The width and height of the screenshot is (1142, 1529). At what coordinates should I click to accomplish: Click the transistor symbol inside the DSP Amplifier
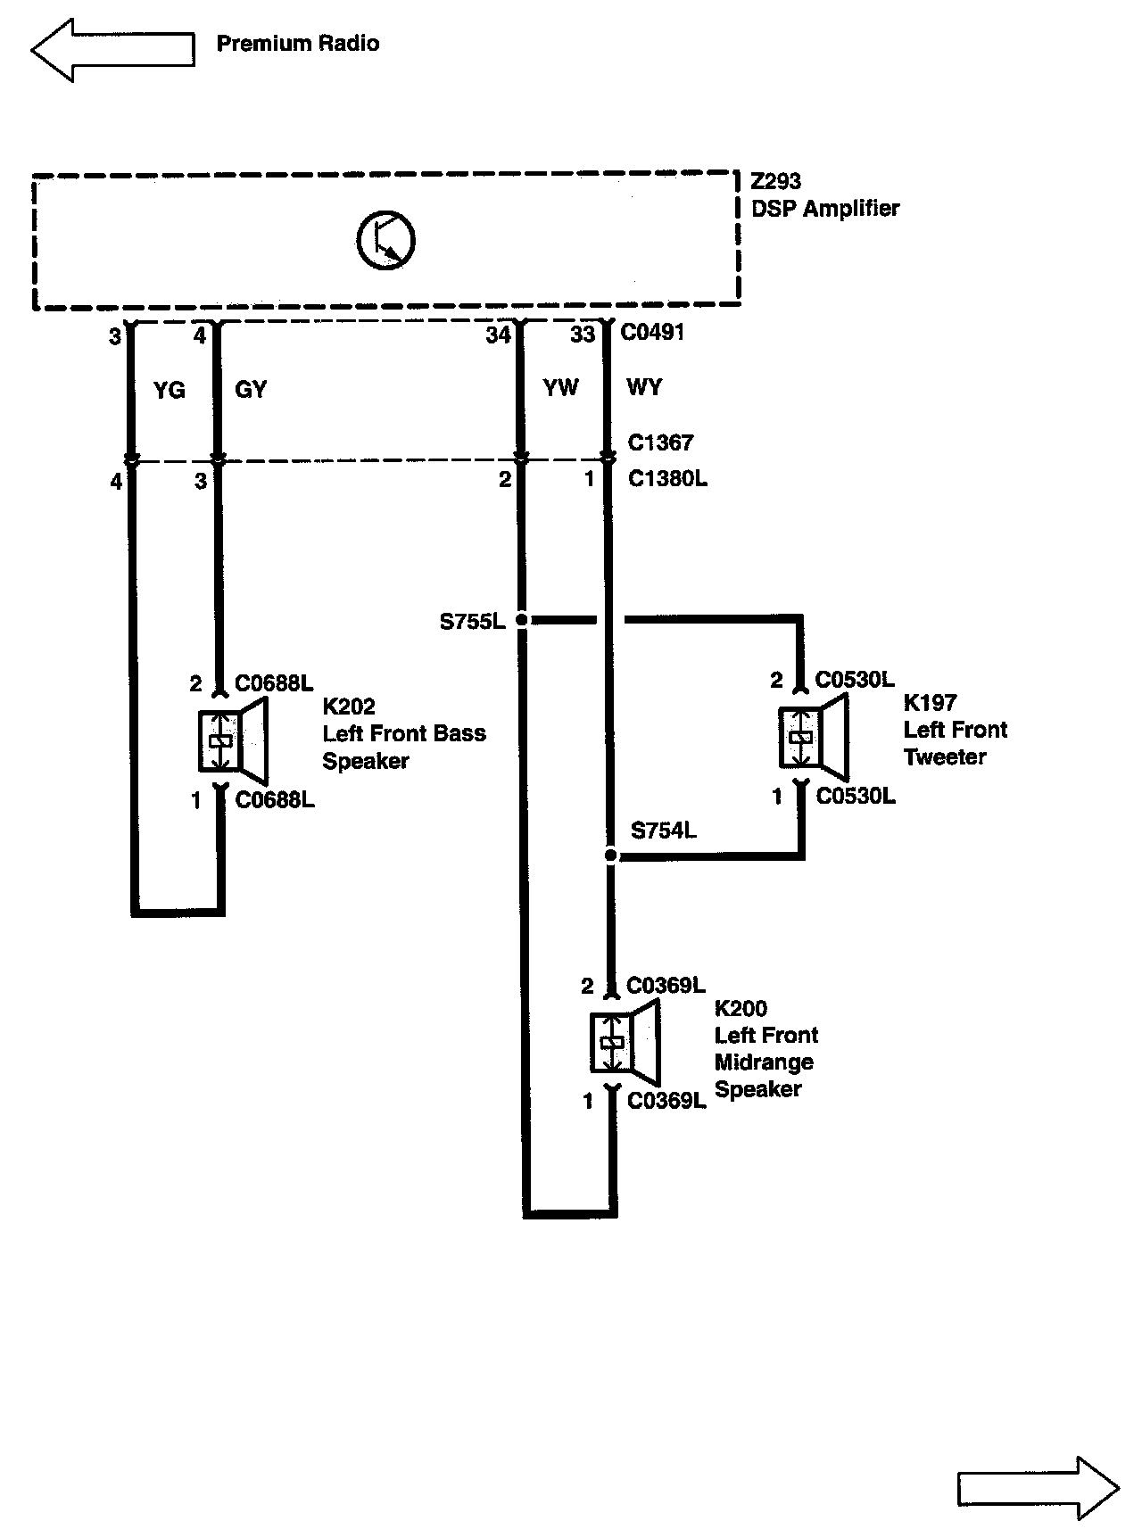coord(386,240)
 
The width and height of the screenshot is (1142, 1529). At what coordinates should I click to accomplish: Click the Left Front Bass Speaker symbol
coord(232,740)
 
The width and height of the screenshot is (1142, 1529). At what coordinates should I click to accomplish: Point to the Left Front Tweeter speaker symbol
coord(812,737)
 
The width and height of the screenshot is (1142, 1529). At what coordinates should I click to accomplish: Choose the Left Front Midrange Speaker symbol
coord(624,1042)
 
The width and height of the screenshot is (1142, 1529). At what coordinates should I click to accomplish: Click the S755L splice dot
coord(522,619)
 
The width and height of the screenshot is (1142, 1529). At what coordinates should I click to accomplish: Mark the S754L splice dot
coord(610,855)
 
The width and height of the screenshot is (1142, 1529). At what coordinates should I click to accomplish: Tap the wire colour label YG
coord(169,390)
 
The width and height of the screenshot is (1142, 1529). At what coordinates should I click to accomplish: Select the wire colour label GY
coord(251,390)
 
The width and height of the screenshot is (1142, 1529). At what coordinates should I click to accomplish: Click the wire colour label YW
coord(560,387)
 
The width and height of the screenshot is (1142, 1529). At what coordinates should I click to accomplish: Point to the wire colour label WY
coord(644,387)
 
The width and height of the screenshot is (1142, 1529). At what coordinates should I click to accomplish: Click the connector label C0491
coord(652,333)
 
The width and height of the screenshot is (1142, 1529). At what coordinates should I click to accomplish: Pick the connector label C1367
coord(660,442)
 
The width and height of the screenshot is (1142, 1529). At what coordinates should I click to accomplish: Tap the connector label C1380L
coord(667,479)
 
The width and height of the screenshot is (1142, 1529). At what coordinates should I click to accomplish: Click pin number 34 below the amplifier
coord(498,335)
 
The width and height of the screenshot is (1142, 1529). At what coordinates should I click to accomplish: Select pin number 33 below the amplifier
coord(582,335)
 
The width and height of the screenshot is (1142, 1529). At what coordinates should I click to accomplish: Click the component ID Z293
coord(775,182)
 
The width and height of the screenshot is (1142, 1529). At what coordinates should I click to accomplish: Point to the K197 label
coord(930,702)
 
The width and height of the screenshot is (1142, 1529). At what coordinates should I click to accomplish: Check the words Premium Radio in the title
coord(298,43)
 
